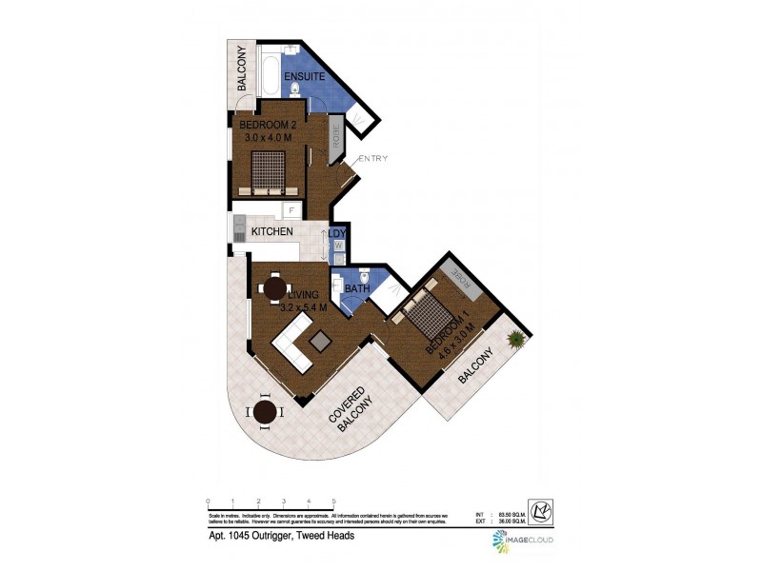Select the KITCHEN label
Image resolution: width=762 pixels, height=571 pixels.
tap(271, 232)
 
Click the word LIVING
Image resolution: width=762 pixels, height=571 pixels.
tap(304, 295)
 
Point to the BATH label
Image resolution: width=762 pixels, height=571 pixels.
tap(357, 289)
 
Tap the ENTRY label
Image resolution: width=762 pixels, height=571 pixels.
tap(372, 159)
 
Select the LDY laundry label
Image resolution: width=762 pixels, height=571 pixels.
tap(338, 232)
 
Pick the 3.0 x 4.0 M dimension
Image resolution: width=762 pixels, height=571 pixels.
tap(266, 138)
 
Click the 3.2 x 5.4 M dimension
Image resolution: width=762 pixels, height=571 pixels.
tap(304, 307)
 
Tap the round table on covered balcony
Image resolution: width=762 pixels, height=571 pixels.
tap(267, 411)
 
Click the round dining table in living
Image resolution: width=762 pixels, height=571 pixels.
tap(274, 286)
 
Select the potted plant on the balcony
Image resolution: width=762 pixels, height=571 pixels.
tap(516, 338)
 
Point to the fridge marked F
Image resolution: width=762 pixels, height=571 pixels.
tap(291, 211)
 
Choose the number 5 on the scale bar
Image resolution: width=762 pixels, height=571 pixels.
tap(333, 502)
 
